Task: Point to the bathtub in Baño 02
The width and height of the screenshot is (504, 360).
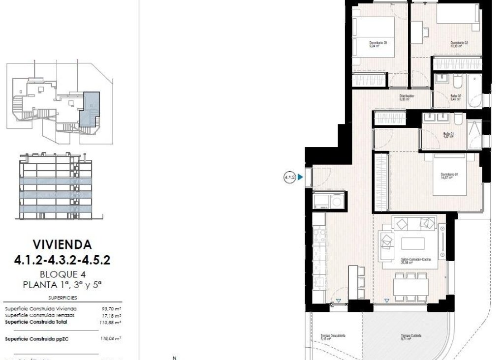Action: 475,90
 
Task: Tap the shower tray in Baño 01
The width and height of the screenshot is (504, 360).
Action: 474,134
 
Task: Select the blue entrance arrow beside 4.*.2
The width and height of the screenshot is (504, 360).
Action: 300,177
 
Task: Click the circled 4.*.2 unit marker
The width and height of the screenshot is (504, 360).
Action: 289,177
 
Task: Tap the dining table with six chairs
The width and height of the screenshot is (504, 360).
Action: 410,287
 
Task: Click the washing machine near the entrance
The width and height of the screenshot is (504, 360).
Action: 337,201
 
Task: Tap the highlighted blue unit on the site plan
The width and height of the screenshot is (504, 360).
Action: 90,109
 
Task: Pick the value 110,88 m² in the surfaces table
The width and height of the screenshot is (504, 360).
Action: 112,322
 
